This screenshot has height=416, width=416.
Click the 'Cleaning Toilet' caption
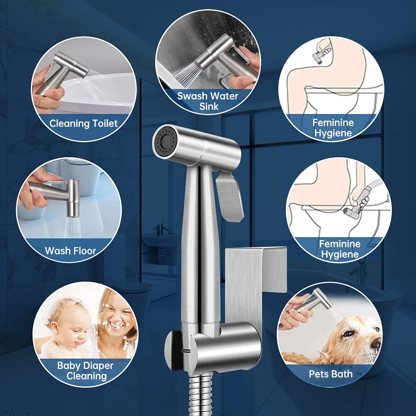click(84, 124)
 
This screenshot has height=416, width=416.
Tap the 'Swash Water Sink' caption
click(208, 101)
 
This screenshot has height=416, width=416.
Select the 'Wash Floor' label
click(71, 251)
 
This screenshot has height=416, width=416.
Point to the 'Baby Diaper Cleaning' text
click(86, 371)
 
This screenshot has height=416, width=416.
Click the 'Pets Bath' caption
click(331, 374)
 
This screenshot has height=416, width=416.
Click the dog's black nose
click(376, 344)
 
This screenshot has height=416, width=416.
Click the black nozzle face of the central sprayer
click(163, 141)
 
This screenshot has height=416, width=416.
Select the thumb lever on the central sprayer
click(230, 196)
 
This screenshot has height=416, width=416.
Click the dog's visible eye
click(347, 334)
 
